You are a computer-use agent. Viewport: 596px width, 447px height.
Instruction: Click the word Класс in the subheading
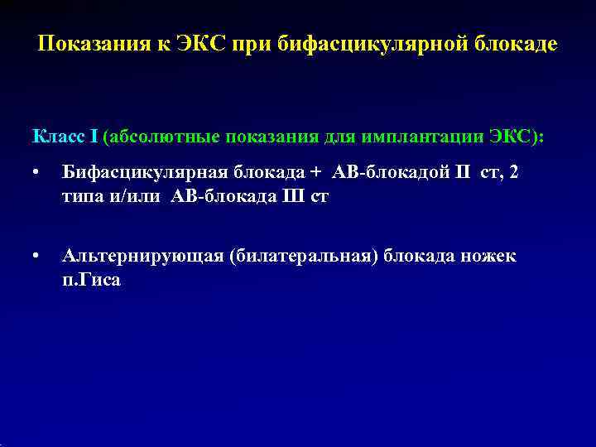pos(57,135)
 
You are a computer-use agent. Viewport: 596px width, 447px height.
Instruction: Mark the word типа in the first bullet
pos(80,199)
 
